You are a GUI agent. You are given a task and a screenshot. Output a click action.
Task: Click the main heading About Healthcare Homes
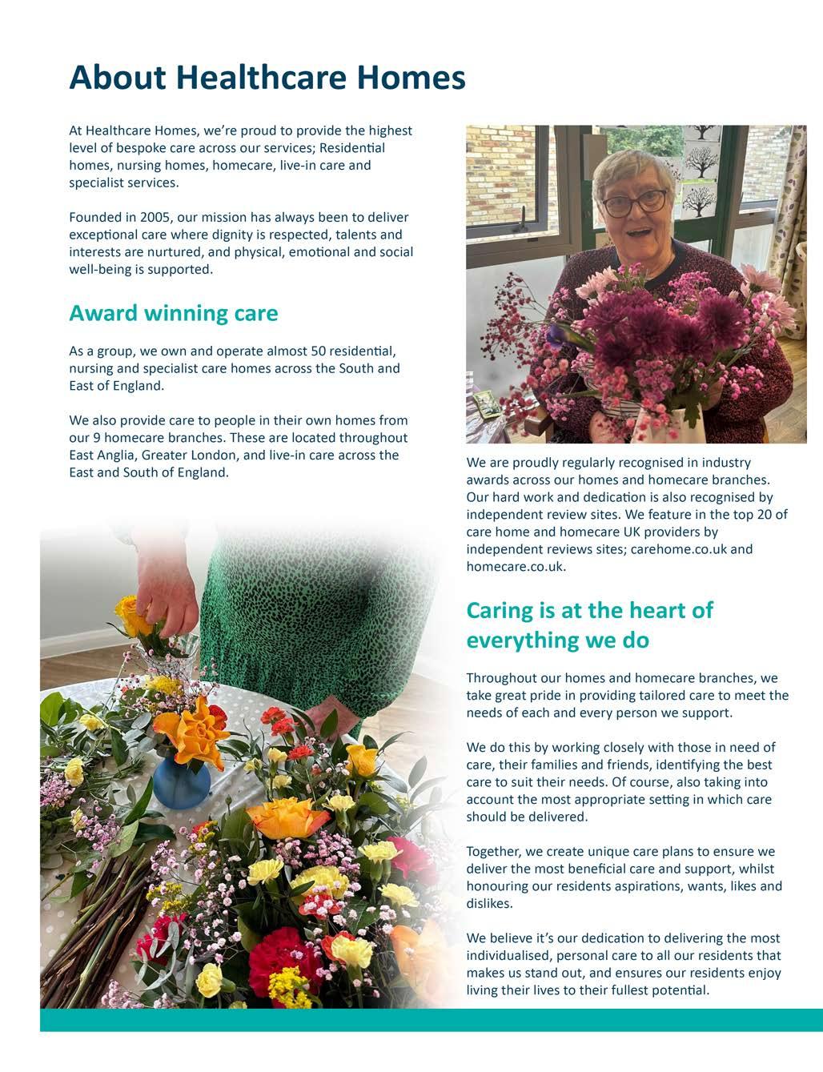[x=267, y=78]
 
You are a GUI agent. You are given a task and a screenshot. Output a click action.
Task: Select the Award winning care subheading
[x=173, y=313]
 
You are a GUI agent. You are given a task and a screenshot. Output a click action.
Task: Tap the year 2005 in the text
[x=155, y=217]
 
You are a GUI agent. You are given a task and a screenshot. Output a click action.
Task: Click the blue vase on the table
[x=181, y=781]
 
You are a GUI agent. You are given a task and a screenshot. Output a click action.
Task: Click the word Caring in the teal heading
[x=500, y=611]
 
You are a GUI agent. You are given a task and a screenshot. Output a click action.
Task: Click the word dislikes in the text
[x=489, y=904]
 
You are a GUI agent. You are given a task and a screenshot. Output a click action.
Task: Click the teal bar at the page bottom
[x=432, y=1020]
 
